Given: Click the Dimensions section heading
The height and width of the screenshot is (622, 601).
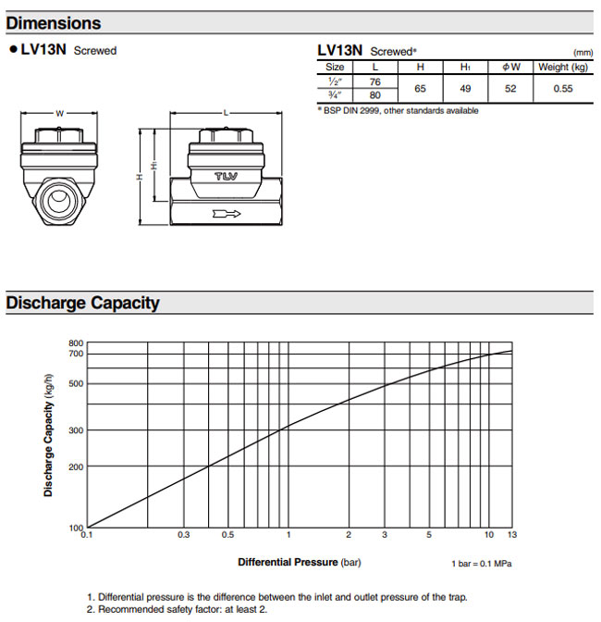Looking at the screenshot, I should click(54, 22).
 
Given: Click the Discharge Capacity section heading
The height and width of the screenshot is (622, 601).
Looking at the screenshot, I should click(83, 303).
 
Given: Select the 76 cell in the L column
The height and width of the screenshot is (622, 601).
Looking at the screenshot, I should click(375, 81).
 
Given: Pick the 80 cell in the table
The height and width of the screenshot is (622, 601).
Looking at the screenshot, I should click(375, 94).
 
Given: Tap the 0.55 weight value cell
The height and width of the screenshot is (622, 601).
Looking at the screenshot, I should click(562, 88).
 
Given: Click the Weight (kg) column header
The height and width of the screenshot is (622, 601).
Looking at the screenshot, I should click(562, 67).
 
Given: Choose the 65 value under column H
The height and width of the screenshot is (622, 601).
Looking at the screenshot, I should click(421, 88).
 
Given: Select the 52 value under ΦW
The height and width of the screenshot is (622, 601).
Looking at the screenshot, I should click(512, 88).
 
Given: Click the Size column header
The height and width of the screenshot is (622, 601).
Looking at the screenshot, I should click(335, 67).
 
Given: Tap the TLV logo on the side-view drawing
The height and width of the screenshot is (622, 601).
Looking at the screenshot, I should click(225, 177).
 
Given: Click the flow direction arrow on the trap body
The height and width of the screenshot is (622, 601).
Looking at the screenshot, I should click(225, 215).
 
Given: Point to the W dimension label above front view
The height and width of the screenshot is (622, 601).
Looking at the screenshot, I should click(59, 113).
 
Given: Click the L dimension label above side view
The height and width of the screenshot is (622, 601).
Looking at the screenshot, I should click(225, 113).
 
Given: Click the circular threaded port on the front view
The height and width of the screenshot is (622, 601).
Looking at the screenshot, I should click(59, 198).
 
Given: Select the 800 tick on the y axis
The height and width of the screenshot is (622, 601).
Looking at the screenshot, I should click(76, 343).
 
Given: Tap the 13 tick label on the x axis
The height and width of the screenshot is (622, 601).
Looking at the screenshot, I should click(511, 536).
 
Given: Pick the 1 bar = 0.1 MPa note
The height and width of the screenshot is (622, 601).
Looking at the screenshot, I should click(482, 563).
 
